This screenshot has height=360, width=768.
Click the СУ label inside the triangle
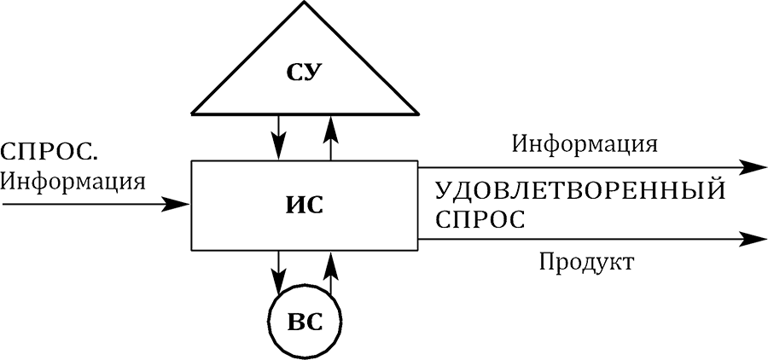coord(305,72)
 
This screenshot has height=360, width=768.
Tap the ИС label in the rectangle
coord(305,205)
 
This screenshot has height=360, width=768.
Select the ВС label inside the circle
coord(305,323)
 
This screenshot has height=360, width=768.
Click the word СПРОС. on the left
coord(49,153)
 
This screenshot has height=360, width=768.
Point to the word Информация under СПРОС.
coord(73,181)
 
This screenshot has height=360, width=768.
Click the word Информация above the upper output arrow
coord(585,143)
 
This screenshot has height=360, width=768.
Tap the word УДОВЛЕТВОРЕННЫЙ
coord(579,189)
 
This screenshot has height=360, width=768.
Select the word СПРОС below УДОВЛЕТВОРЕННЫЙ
coord(479,218)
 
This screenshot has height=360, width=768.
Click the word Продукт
coord(586,261)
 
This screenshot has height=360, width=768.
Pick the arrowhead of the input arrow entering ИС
coord(179,204)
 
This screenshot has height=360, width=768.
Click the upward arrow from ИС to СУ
coord(331,136)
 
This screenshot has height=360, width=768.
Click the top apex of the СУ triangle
coord(305,2)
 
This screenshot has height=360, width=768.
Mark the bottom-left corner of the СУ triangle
coord(193,113)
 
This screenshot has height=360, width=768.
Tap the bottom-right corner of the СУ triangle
coord(418,113)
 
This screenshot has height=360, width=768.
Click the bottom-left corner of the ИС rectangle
coord(192,250)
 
